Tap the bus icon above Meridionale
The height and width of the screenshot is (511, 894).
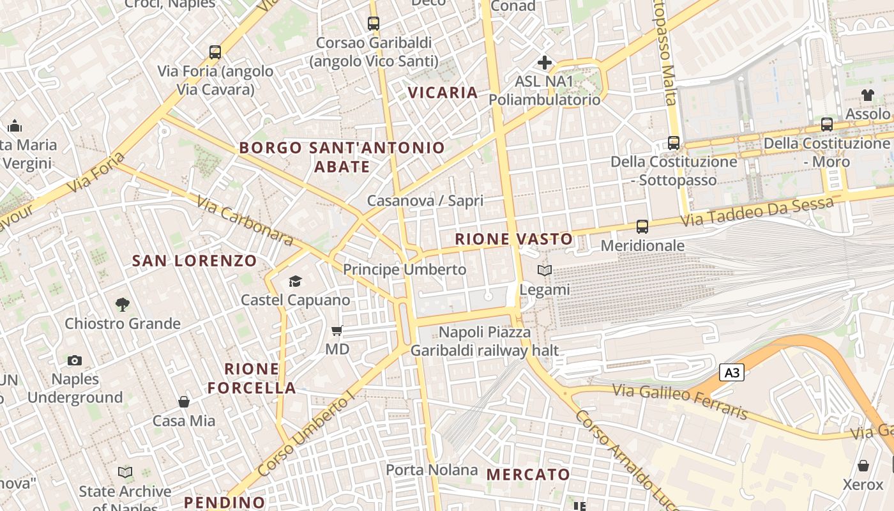pyautogui.click(x=642, y=227)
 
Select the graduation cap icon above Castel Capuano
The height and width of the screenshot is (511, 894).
pyautogui.click(x=294, y=281)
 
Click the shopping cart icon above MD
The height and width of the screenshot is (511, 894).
pyautogui.click(x=337, y=330)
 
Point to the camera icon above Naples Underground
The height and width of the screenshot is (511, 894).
pyautogui.click(x=75, y=360)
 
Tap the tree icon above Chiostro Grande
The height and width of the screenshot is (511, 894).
pyautogui.click(x=122, y=304)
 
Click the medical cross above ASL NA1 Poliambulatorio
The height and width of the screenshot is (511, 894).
pyautogui.click(x=545, y=63)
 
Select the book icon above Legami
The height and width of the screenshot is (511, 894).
pyautogui.click(x=544, y=271)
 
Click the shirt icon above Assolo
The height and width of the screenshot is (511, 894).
pyautogui.click(x=867, y=95)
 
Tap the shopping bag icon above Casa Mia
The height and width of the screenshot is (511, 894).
pyautogui.click(x=184, y=402)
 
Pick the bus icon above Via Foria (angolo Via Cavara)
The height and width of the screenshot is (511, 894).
pyautogui.click(x=215, y=52)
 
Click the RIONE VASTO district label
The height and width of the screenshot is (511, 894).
pyautogui.click(x=514, y=240)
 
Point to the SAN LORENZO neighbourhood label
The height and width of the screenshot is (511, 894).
pyautogui.click(x=194, y=261)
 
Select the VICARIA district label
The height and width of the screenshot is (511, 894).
pyautogui.click(x=443, y=93)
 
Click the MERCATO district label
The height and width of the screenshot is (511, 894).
pyautogui.click(x=528, y=475)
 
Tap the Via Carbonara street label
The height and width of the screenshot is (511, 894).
pyautogui.click(x=245, y=221)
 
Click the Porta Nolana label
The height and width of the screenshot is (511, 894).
pyautogui.click(x=432, y=470)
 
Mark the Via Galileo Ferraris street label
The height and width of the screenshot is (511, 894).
pyautogui.click(x=680, y=400)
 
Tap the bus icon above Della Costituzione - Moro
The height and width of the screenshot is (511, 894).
pyautogui.click(x=827, y=125)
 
